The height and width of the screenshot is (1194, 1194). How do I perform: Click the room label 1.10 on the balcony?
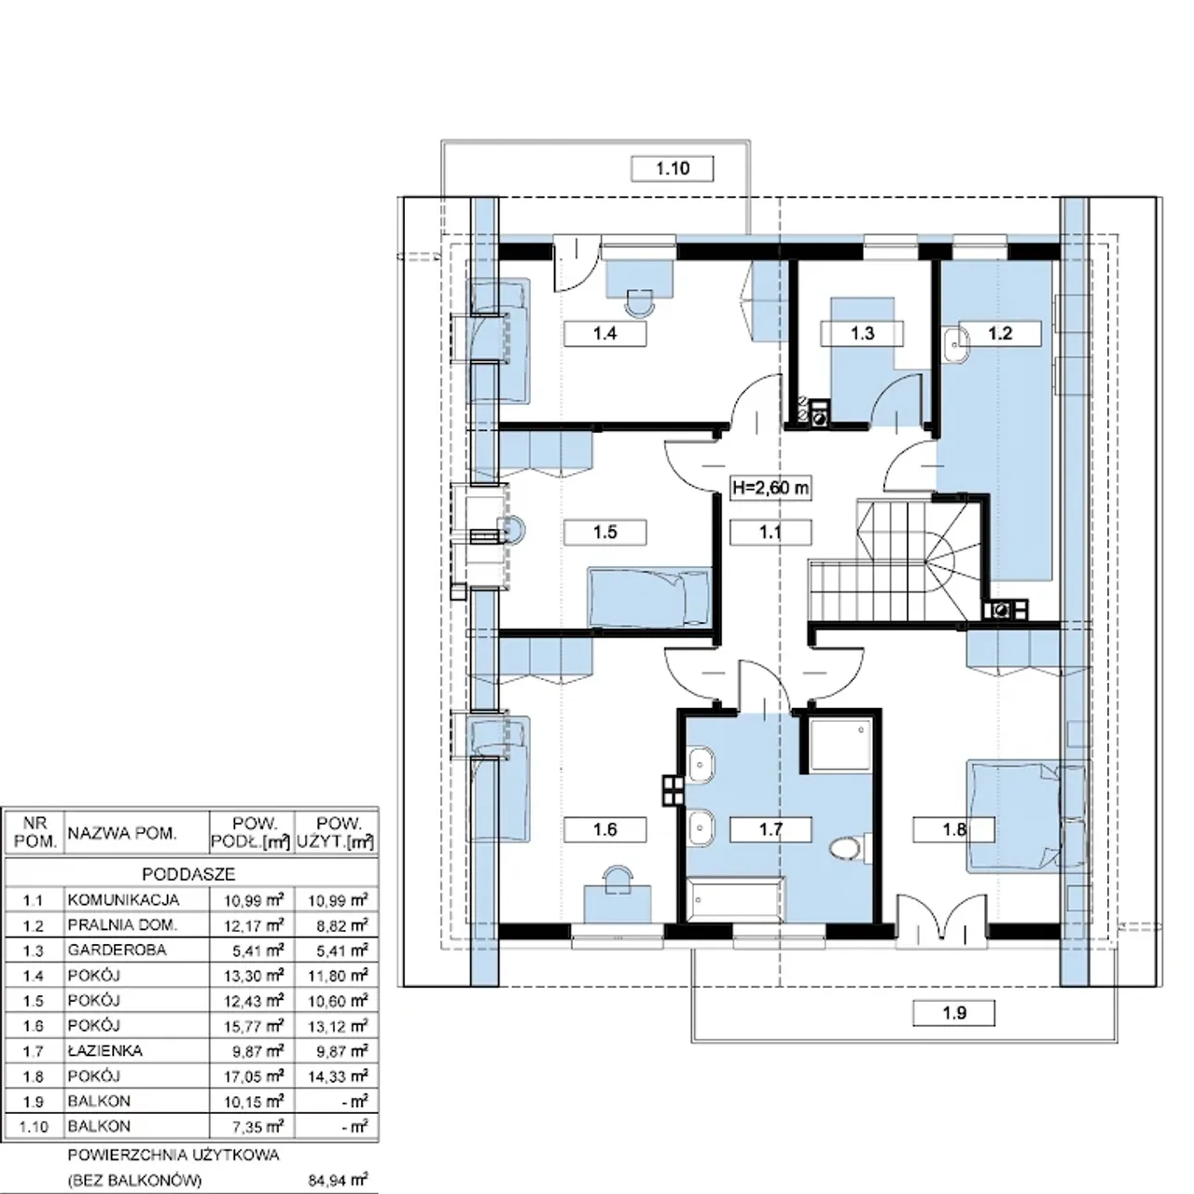[x=673, y=169]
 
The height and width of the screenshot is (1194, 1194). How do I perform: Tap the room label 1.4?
[x=604, y=333]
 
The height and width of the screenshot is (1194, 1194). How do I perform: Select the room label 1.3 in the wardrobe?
[x=862, y=333]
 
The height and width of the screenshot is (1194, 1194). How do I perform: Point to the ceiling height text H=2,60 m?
[x=771, y=488]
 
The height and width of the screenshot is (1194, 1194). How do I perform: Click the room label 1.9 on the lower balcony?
[x=954, y=1013]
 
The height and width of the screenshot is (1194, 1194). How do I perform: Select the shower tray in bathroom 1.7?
[x=840, y=744]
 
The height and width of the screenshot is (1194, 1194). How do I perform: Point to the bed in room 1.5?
[x=648, y=598]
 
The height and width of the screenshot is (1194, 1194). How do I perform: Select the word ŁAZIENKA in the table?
[x=105, y=1050]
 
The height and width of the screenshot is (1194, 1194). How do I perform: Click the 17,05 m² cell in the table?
[x=254, y=1076]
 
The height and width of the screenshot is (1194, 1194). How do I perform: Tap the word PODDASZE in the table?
[x=189, y=874]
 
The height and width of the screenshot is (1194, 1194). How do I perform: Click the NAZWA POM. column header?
[x=122, y=833]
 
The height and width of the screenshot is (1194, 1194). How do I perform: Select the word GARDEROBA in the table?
[x=118, y=950]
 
